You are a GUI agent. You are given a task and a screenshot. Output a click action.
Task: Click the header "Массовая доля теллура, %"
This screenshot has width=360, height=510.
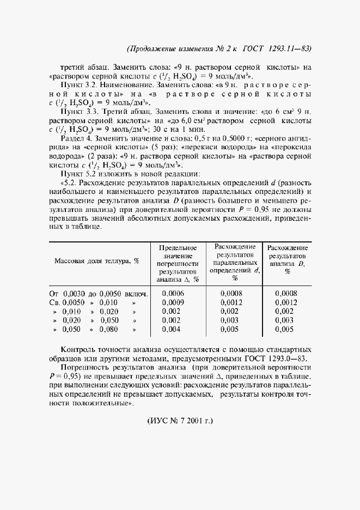(97, 261)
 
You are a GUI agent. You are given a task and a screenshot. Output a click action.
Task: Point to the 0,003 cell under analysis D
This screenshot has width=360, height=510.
(285, 320)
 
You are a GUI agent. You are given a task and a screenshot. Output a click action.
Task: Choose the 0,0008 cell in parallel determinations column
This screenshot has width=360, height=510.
(231, 293)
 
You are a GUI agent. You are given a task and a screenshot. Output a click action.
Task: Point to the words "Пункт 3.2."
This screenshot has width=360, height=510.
(81, 86)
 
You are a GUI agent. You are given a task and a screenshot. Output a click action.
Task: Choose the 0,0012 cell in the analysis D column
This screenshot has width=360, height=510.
(286, 302)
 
